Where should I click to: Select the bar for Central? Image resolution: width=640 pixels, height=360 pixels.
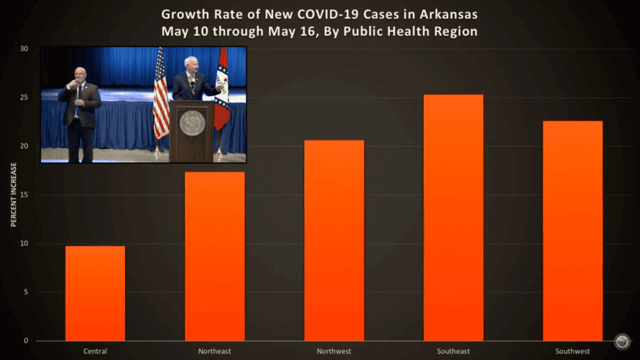click(95, 293)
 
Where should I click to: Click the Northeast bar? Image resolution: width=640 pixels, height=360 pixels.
click(214, 256)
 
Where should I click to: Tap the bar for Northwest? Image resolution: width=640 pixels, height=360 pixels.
click(334, 241)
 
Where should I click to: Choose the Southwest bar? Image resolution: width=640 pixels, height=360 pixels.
click(572, 231)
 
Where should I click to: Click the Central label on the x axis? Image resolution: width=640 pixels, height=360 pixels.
click(95, 351)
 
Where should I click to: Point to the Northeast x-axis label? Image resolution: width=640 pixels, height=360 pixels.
click(214, 351)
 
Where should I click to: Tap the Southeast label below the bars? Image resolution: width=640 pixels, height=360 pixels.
click(453, 351)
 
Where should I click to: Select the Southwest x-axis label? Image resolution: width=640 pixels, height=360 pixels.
click(572, 351)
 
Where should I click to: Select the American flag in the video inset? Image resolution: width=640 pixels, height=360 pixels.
click(161, 94)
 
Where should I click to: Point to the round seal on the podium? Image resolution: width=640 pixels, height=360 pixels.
click(192, 123)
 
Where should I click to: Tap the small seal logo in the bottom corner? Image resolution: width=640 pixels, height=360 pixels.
click(622, 341)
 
